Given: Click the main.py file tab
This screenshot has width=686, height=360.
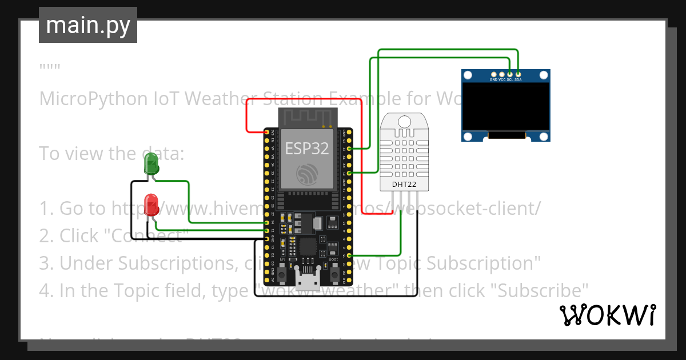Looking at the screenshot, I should pyautogui.click(x=87, y=25).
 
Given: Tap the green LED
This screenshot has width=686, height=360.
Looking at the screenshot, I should pyautogui.click(x=151, y=163).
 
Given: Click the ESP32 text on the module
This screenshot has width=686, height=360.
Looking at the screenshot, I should pyautogui.click(x=307, y=149).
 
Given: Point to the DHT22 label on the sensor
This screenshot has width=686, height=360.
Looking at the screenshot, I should pyautogui.click(x=405, y=185).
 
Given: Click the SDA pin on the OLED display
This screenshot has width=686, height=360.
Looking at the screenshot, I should pyautogui.click(x=518, y=74).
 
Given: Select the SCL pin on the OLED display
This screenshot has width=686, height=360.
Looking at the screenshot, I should pyautogui.click(x=510, y=74).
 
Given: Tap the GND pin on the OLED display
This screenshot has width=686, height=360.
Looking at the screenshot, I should pyautogui.click(x=493, y=74).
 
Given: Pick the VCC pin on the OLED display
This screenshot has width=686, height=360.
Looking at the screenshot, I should pyautogui.click(x=502, y=74).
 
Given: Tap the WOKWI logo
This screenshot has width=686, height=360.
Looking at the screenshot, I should pyautogui.click(x=607, y=315).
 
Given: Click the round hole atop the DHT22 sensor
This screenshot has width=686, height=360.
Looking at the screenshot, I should pyautogui.click(x=405, y=121).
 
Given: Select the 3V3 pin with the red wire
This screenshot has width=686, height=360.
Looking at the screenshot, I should pyautogui.click(x=267, y=132).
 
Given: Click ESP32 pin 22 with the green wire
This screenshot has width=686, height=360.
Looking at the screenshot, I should pyautogui.click(x=349, y=148).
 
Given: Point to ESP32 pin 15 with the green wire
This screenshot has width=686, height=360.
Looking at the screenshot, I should pyautogui.click(x=349, y=255).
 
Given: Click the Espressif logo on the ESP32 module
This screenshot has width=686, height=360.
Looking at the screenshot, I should pyautogui.click(x=307, y=175).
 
